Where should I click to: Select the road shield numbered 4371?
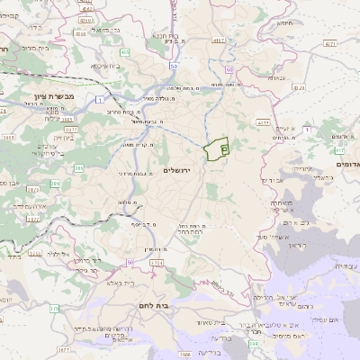pyautogui.click(x=330, y=42)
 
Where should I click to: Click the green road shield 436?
pyautogui.click(x=124, y=53)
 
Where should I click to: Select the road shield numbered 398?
pyautogui.click(x=255, y=343)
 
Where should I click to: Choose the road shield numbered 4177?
pyautogui.click(x=263, y=123)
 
